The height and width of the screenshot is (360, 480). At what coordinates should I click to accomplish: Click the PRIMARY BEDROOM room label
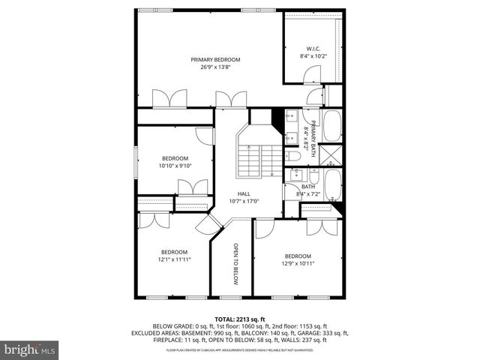coord(215,59)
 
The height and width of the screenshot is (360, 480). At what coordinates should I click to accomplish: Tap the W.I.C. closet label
coord(313,48)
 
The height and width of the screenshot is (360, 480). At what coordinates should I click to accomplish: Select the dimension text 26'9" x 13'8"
coord(215,67)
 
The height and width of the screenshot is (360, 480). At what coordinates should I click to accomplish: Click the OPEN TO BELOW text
coord(235,265)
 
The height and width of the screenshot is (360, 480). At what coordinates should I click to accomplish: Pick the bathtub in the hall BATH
coord(333,185)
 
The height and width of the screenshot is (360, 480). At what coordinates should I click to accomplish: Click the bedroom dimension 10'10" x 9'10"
coord(175,166)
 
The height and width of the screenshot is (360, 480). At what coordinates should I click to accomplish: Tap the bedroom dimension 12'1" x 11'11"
coord(174,259)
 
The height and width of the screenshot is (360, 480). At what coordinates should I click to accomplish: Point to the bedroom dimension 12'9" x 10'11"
coord(298,264)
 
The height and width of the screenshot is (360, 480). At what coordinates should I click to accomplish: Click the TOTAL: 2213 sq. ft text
coord(240,319)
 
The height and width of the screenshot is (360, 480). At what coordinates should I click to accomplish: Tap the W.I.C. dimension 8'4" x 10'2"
coord(313,55)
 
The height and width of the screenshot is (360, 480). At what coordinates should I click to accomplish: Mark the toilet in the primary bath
coord(293,156)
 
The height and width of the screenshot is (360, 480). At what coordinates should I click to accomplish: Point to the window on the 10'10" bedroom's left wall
coord(136,162)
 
